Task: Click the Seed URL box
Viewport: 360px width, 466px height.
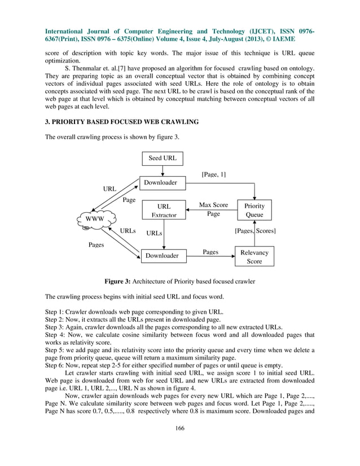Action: pyautogui.click(x=162, y=159)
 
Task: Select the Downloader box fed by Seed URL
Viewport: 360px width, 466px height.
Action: pyautogui.click(x=161, y=183)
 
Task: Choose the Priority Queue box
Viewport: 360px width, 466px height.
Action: pyautogui.click(x=254, y=210)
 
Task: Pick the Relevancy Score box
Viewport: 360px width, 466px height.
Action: pyautogui.click(x=254, y=257)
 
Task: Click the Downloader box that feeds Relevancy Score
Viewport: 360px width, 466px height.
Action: pyautogui.click(x=163, y=256)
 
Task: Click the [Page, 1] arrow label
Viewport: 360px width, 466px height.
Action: pyautogui.click(x=214, y=174)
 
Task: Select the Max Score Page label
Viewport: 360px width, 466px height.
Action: pyautogui.click(x=213, y=209)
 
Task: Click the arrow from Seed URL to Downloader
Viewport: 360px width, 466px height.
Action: pyautogui.click(x=162, y=171)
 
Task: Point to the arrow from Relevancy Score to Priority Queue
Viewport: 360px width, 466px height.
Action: pyautogui.click(x=254, y=235)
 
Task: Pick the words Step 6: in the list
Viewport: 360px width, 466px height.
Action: pyautogui.click(x=55, y=364)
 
